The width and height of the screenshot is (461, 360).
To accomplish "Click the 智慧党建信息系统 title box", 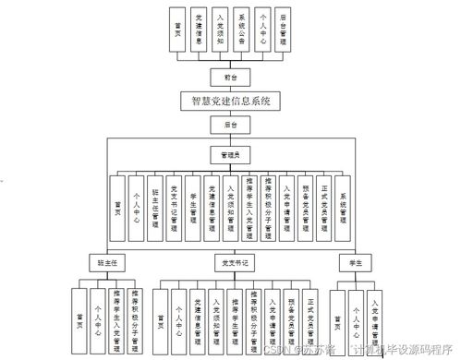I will tap(230, 100).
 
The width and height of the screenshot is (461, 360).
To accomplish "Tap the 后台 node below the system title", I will tap(230, 123).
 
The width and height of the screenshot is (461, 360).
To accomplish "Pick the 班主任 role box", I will tap(104, 261).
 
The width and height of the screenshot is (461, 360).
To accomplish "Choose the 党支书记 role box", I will tap(230, 261).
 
